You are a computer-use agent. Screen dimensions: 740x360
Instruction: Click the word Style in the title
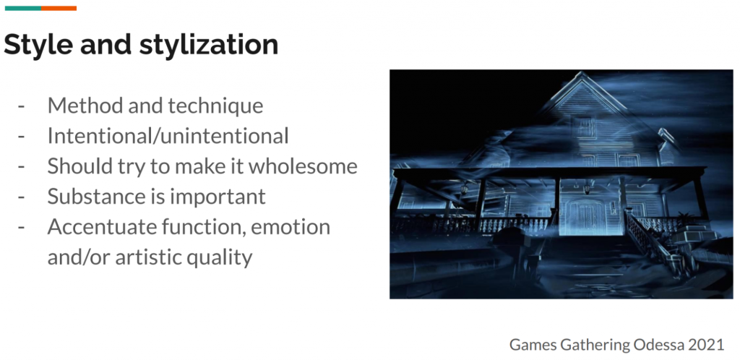click(x=38, y=45)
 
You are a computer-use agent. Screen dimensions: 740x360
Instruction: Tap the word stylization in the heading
click(x=209, y=45)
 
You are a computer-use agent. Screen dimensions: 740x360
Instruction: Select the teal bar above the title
click(x=23, y=8)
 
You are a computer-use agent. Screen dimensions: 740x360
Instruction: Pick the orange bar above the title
click(x=59, y=8)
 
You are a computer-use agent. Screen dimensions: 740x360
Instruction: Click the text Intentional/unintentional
click(x=168, y=136)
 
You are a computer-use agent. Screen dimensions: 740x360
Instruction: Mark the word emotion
click(x=291, y=227)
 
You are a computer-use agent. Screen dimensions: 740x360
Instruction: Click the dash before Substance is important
click(x=21, y=197)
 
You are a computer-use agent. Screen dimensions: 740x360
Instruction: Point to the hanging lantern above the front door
click(x=587, y=189)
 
